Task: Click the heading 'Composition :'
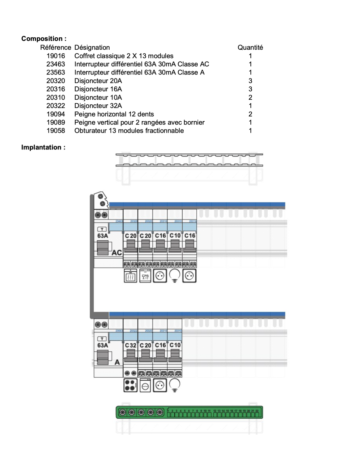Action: click(x=44, y=39)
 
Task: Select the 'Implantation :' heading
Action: click(x=43, y=147)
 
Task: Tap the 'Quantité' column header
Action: click(x=250, y=47)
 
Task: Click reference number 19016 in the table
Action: click(x=56, y=56)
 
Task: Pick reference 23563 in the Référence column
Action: click(x=56, y=72)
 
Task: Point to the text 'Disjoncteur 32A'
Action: click(x=98, y=106)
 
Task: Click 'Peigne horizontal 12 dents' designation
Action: click(x=114, y=114)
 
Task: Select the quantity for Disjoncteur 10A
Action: click(x=250, y=97)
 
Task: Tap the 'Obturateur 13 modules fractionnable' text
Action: click(x=129, y=130)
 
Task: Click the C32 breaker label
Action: click(x=131, y=345)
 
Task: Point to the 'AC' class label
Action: click(x=117, y=252)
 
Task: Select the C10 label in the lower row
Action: click(x=175, y=345)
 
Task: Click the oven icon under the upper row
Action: click(x=131, y=276)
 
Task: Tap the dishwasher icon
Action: click(x=145, y=276)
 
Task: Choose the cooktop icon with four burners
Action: click(x=131, y=385)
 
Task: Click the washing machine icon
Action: click(x=145, y=385)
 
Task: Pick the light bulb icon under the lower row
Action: click(x=175, y=385)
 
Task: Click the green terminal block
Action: click(x=189, y=412)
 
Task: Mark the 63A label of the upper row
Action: click(x=102, y=236)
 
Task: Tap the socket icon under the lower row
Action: click(x=160, y=385)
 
